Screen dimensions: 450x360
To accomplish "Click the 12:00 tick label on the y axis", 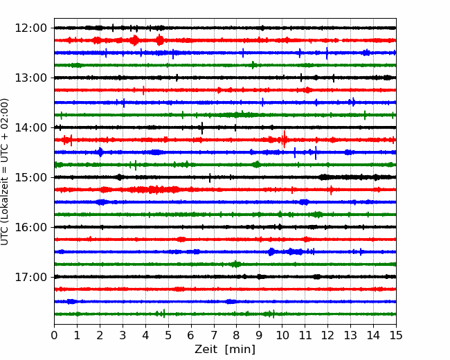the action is [30, 28].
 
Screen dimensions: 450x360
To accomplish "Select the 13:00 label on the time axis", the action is [30, 78].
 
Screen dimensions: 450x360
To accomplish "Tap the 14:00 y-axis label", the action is [30, 127].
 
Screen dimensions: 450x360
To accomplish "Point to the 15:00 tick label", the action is [30, 177].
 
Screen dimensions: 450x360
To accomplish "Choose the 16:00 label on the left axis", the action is [30, 227].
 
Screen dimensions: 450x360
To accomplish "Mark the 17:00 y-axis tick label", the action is [30, 277].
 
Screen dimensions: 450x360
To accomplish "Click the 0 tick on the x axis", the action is [54, 335].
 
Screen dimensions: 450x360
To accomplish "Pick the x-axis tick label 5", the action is [168, 335].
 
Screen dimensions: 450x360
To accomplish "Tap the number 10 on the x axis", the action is [282, 335].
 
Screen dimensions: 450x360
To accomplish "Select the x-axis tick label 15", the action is [396, 335].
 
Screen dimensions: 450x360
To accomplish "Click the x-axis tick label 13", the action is [350, 335].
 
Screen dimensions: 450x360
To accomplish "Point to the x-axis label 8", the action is [237, 335].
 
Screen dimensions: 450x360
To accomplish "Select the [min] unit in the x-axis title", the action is [240, 350].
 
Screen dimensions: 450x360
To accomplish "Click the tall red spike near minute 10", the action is [284, 139].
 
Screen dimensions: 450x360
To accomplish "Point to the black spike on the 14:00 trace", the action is [202, 128].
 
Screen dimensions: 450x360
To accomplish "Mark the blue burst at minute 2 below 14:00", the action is [100, 152].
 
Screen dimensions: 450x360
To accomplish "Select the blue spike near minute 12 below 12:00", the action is [327, 53].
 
